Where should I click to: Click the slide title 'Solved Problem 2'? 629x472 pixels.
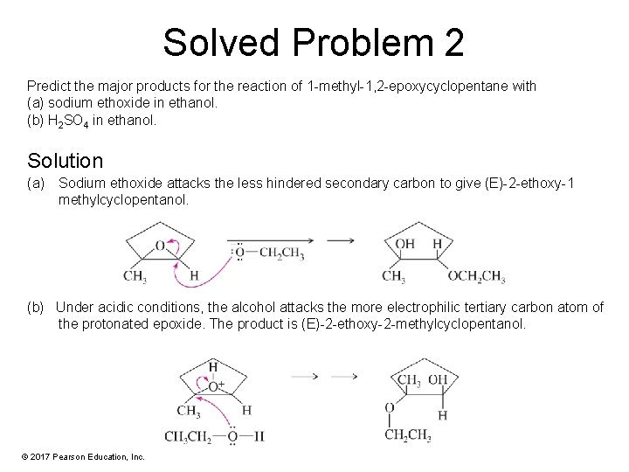pyautogui.click(x=314, y=42)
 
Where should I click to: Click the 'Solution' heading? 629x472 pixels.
pyautogui.click(x=65, y=161)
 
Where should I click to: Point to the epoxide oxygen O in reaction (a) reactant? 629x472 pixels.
pyautogui.click(x=160, y=246)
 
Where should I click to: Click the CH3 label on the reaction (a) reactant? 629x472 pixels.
pyautogui.click(x=135, y=277)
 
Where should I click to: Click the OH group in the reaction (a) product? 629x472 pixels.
pyautogui.click(x=405, y=244)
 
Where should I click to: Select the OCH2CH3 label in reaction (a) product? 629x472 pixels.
pyautogui.click(x=476, y=277)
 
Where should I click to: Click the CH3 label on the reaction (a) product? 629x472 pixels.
pyautogui.click(x=393, y=277)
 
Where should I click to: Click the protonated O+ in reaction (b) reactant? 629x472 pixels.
pyautogui.click(x=214, y=385)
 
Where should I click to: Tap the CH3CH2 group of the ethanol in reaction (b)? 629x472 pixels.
pyautogui.click(x=187, y=437)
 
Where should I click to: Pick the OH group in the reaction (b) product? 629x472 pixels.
pyautogui.click(x=437, y=379)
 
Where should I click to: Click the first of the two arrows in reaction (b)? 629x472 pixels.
pyautogui.click(x=304, y=377)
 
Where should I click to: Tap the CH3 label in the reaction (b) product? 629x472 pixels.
pyautogui.click(x=408, y=379)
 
